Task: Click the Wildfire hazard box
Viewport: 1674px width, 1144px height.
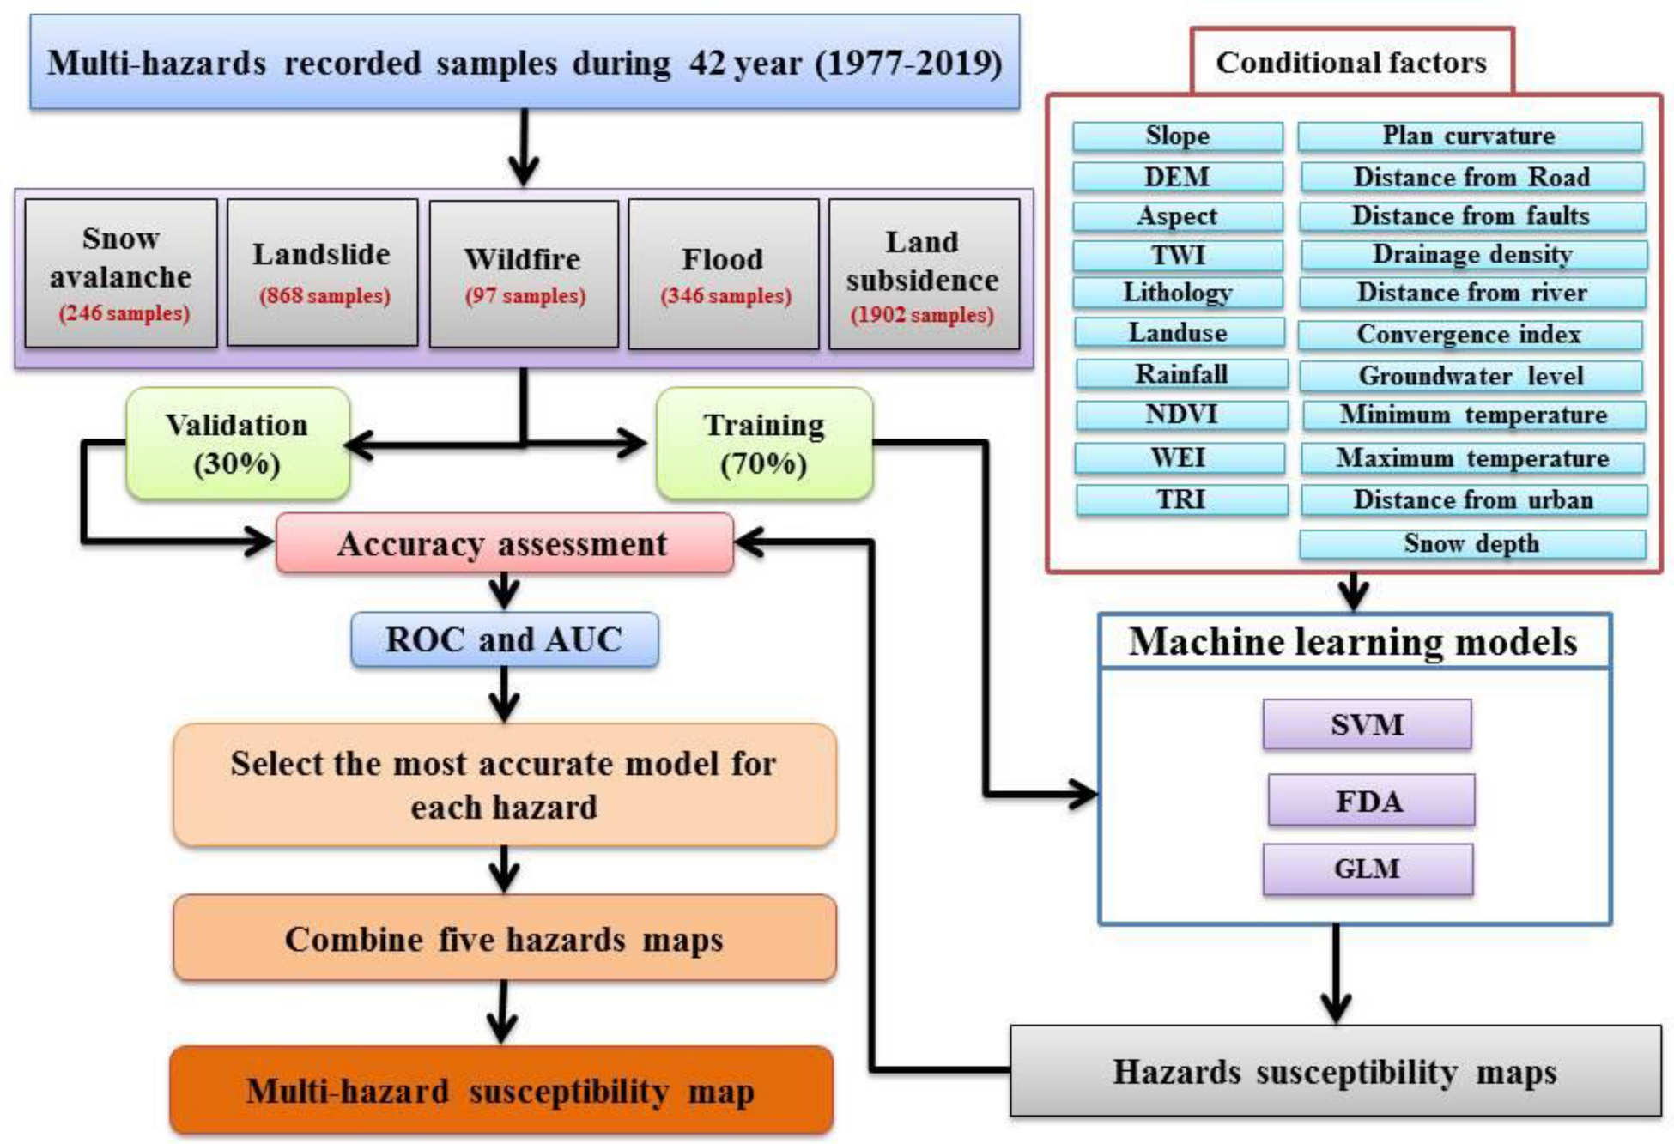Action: pyautogui.click(x=523, y=274)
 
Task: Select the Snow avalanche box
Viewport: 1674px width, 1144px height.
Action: pyautogui.click(x=121, y=274)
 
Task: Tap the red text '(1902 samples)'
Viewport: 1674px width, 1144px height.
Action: pyautogui.click(x=922, y=315)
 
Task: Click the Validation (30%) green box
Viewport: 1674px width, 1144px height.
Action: pyautogui.click(x=237, y=444)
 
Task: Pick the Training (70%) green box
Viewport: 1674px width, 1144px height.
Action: pyautogui.click(x=764, y=444)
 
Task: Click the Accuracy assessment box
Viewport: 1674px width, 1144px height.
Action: pyautogui.click(x=504, y=544)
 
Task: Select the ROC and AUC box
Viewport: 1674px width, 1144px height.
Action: pyautogui.click(x=504, y=640)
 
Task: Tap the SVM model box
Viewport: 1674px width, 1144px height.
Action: pyautogui.click(x=1367, y=725)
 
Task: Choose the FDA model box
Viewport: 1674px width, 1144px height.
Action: pyautogui.click(x=1370, y=801)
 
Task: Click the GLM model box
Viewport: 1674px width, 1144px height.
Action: pyautogui.click(x=1367, y=869)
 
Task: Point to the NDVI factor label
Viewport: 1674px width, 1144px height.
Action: pyautogui.click(x=1181, y=415)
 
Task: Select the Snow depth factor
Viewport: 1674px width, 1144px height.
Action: pyautogui.click(x=1471, y=544)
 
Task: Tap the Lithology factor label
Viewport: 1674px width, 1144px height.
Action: pyautogui.click(x=1178, y=293)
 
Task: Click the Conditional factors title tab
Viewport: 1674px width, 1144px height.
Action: pyautogui.click(x=1351, y=62)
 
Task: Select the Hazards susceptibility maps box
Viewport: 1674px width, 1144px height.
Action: pyautogui.click(x=1335, y=1072)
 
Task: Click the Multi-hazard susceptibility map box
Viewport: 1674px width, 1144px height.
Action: pyautogui.click(x=501, y=1092)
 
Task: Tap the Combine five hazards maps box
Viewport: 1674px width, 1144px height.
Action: pyautogui.click(x=504, y=939)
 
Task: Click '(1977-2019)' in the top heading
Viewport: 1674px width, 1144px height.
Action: pyautogui.click(x=907, y=64)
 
